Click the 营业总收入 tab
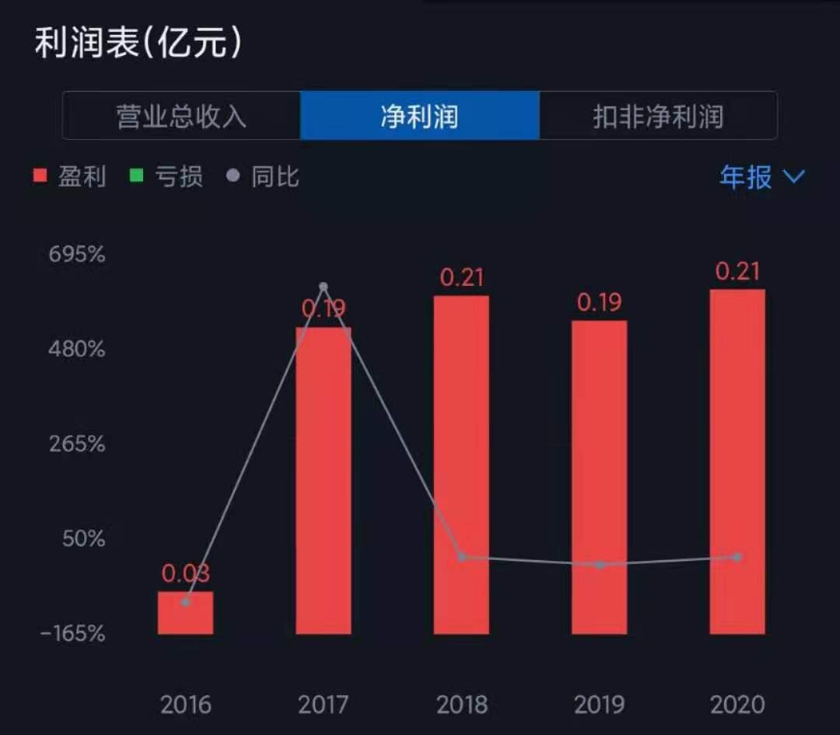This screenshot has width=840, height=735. [181, 116]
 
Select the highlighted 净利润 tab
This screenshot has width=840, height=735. [419, 116]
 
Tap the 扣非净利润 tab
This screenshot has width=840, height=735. [658, 116]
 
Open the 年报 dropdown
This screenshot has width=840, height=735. [761, 176]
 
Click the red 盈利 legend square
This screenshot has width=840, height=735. [40, 175]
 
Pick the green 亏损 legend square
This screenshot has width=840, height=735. [137, 175]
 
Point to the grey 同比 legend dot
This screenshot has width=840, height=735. [233, 175]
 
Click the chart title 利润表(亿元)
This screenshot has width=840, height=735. [138, 43]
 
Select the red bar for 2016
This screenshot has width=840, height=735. [185, 613]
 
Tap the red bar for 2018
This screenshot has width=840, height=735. [461, 465]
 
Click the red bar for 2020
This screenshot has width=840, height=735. [737, 462]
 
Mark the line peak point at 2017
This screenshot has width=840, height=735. [324, 287]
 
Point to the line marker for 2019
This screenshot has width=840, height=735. [600, 565]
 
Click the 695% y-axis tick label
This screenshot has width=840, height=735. [76, 254]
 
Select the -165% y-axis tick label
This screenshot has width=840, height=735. [73, 634]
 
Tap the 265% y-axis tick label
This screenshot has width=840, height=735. [77, 444]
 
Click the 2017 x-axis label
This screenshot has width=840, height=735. [323, 705]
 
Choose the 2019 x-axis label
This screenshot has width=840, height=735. [600, 705]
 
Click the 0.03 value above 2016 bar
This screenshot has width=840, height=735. [185, 573]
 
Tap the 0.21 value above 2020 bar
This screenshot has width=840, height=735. [737, 271]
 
